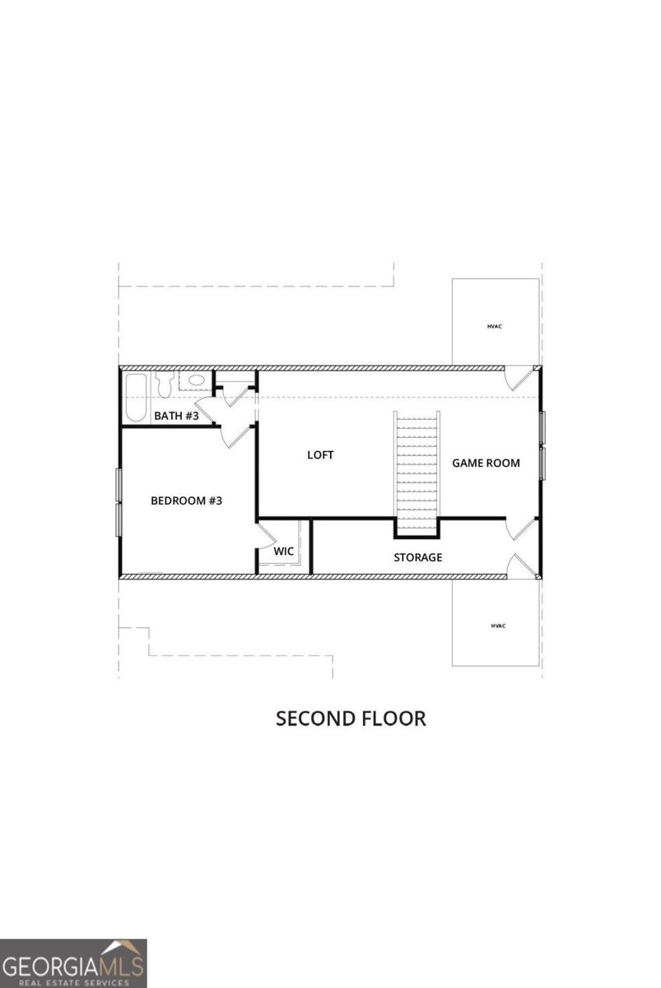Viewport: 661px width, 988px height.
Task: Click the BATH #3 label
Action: coord(176,416)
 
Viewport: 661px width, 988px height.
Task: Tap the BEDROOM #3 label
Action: coord(186,500)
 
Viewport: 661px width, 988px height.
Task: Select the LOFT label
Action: coord(320,454)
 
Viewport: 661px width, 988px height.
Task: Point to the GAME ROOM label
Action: coord(486,463)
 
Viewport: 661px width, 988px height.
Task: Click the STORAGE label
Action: coord(417,557)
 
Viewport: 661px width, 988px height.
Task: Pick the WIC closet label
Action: coord(284,551)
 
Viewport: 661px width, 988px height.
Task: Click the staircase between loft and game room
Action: coord(418,470)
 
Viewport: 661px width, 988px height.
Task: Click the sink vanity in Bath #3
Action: coord(194,381)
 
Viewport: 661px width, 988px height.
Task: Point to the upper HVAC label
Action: coord(494,326)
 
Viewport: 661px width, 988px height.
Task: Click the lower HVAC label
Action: coord(497,626)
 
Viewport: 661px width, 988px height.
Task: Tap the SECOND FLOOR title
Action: coord(351,718)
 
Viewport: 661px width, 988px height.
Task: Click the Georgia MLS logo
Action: coord(73,962)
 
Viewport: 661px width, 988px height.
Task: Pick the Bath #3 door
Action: coord(209,407)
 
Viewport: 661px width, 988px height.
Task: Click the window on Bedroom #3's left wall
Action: coord(119,502)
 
